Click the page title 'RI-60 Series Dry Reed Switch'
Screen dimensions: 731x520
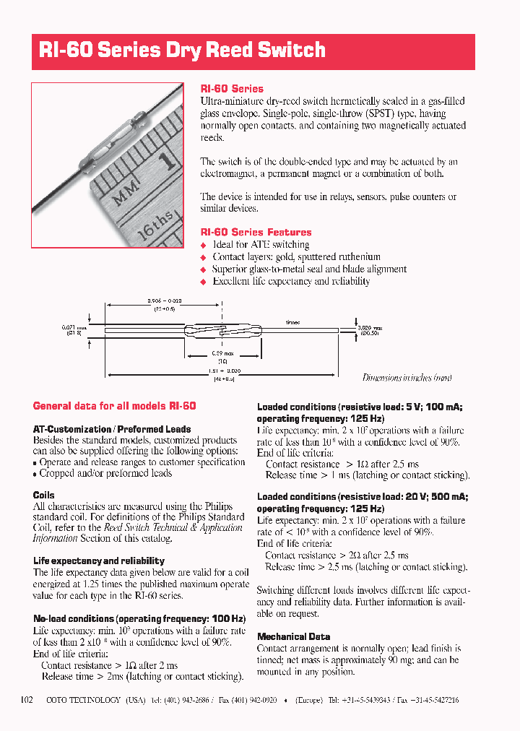click(182, 50)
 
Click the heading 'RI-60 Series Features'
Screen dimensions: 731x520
click(256, 232)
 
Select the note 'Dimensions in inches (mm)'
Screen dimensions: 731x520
click(407, 378)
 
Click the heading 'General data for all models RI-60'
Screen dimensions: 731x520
click(114, 406)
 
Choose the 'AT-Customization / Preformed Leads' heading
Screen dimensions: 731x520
click(112, 429)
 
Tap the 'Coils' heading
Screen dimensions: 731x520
click(44, 495)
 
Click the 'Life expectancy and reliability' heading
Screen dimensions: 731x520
click(99, 561)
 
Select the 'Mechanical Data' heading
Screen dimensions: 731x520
click(293, 636)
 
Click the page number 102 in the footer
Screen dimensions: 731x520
click(27, 700)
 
